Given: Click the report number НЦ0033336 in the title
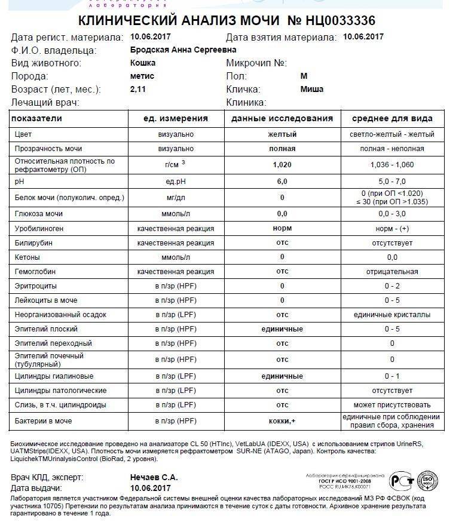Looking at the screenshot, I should [338, 21].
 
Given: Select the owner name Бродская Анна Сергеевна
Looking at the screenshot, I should [183, 50].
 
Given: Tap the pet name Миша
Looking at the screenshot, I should [311, 89].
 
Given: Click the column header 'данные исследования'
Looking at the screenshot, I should [282, 118].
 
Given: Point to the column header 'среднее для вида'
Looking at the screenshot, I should [392, 118].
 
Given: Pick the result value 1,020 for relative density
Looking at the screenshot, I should [282, 165].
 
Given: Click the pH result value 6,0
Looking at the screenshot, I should [282, 181].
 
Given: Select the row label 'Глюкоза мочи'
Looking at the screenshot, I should [39, 214].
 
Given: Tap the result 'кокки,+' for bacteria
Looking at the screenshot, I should [282, 422].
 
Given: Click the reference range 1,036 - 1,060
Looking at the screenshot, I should [392, 165].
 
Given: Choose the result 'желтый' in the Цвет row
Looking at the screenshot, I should [282, 134].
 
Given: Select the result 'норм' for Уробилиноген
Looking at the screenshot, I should [282, 229].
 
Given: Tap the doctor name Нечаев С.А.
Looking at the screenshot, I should [154, 477].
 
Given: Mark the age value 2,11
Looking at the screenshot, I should [138, 89].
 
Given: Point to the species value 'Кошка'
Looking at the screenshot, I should [143, 63].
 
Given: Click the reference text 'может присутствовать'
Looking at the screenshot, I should [392, 405].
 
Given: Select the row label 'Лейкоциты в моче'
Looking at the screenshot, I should [46, 300].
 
